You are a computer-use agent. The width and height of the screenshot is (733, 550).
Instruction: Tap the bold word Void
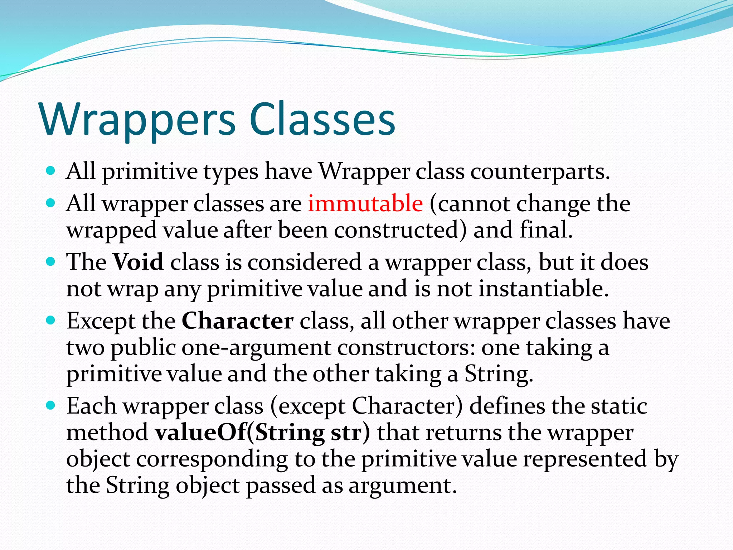(x=138, y=262)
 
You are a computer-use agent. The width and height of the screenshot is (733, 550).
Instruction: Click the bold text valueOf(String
(x=240, y=433)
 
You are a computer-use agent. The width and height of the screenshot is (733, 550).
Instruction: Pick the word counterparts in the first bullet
(x=540, y=172)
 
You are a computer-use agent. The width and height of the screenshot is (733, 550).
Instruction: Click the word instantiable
(x=544, y=289)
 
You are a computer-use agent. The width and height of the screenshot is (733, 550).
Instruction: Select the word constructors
(x=406, y=347)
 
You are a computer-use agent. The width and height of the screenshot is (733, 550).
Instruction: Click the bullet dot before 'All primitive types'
(x=51, y=171)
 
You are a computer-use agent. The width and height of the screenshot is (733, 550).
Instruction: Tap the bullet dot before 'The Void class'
(x=51, y=261)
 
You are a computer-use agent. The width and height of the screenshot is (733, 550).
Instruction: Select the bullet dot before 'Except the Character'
(x=51, y=320)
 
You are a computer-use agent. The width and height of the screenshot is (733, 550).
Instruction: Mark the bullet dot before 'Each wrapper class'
(x=51, y=405)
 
